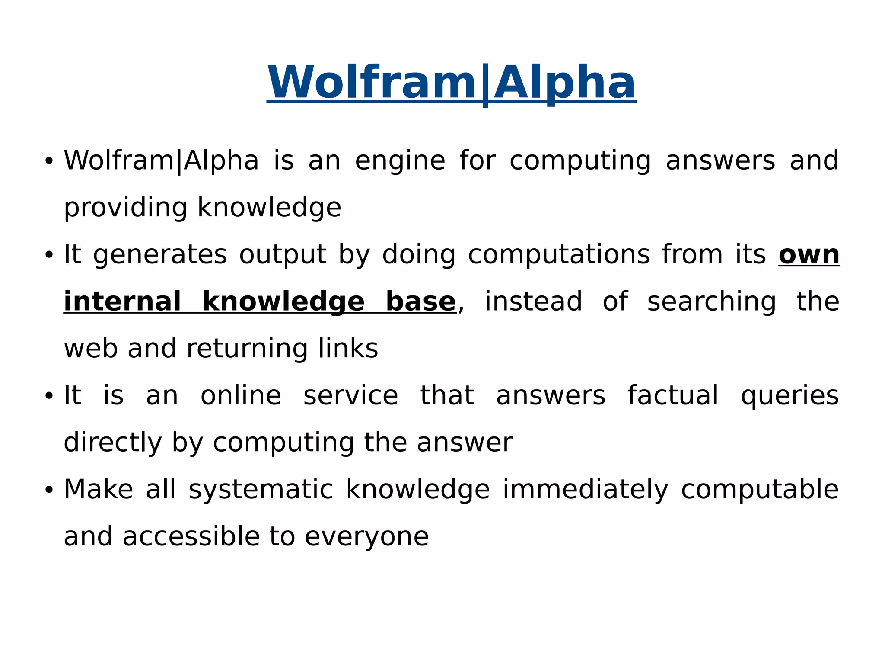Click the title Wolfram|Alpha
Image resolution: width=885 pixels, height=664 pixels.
pos(452,82)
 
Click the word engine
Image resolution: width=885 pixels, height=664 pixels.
pos(400,161)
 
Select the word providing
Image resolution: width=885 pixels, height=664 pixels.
pos(125,208)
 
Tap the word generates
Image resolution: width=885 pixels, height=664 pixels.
pos(160,255)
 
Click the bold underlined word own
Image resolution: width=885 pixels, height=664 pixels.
pos(809,255)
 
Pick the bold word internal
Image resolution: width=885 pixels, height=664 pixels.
pos(122,302)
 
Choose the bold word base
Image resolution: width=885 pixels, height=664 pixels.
pos(420,302)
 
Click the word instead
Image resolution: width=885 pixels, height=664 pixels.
pos(533,302)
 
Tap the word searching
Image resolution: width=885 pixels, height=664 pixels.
pos(711,302)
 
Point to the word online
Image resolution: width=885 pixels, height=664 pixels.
pos(241,395)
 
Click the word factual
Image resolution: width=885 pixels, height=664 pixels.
pos(673,395)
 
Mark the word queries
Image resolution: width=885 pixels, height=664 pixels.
pos(789,396)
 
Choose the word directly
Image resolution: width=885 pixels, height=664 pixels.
pos(112,443)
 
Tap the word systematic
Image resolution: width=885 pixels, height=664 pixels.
pos(261,490)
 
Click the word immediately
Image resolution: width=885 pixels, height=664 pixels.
pos(585,490)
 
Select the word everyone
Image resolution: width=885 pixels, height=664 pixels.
pos(366,537)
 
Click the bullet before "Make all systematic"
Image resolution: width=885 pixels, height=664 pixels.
pos(49,490)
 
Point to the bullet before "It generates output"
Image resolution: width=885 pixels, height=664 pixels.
pos(49,255)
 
